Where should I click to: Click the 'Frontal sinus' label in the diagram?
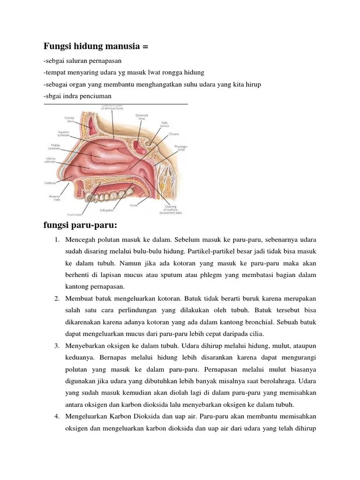(70, 119)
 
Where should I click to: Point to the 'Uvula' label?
(134, 205)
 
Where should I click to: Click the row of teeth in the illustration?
(112, 190)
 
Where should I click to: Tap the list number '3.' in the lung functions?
(55, 346)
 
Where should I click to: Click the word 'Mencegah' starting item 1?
(81, 240)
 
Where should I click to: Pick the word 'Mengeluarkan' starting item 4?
(87, 417)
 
